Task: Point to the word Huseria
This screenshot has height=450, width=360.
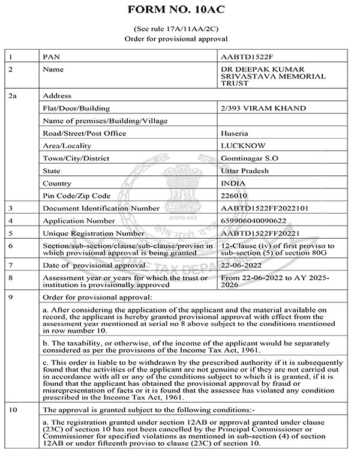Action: pos(235,133)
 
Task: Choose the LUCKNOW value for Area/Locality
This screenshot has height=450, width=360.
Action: pos(240,146)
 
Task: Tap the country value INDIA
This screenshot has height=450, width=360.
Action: pos(234,183)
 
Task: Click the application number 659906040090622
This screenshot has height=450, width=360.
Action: pos(255,220)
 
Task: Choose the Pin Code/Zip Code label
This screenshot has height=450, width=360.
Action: pos(77,196)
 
